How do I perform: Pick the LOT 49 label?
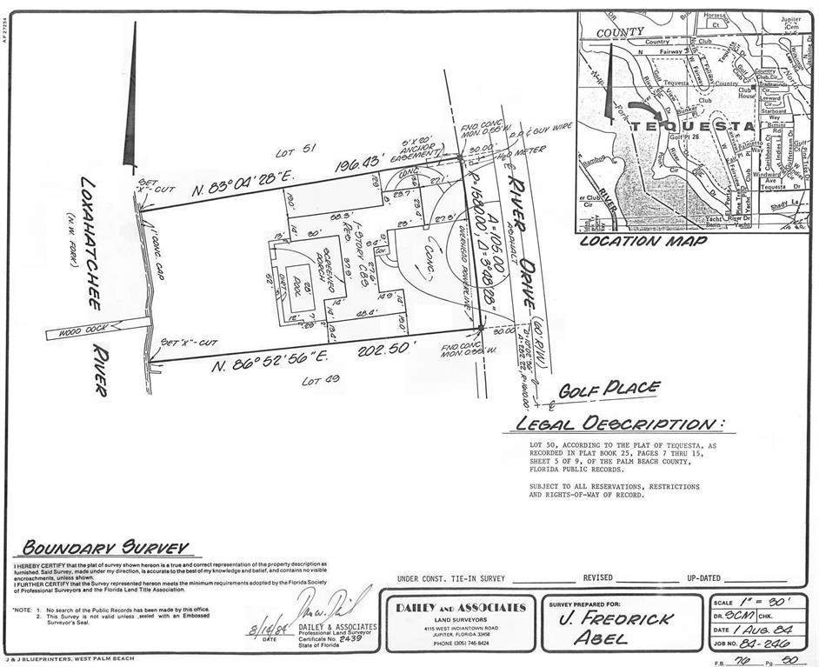click(318, 381)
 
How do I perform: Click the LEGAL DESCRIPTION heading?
click(618, 424)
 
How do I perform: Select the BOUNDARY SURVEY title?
click(105, 548)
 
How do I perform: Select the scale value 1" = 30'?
click(771, 602)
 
